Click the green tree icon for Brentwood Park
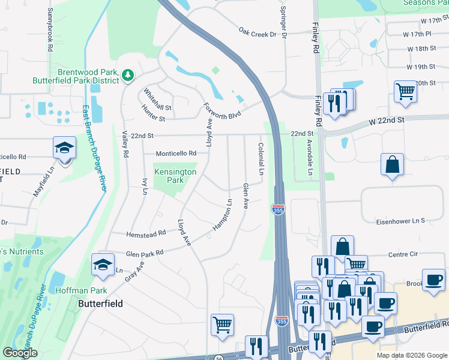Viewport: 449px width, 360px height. pyautogui.click(x=127, y=75)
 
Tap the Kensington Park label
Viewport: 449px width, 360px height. pyautogui.click(x=175, y=176)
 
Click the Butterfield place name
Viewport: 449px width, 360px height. pyautogui.click(x=101, y=304)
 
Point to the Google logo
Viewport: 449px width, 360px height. pyautogui.click(x=20, y=353)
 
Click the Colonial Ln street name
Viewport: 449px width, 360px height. pyautogui.click(x=261, y=158)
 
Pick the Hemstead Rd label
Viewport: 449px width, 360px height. pyautogui.click(x=146, y=234)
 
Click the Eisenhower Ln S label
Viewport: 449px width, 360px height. pyautogui.click(x=400, y=221)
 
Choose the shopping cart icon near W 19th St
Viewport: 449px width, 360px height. pyautogui.click(x=406, y=92)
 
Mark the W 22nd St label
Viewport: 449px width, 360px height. pyautogui.click(x=387, y=121)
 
